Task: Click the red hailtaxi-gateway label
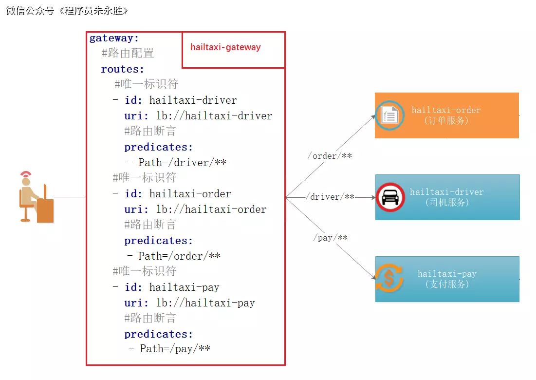pyautogui.click(x=225, y=47)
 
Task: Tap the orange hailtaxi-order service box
pyautogui.click(x=446, y=115)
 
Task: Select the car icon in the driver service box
pyautogui.click(x=390, y=197)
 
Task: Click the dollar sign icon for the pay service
pyautogui.click(x=388, y=278)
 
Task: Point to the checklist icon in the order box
pyautogui.click(x=389, y=115)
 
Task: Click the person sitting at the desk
pyautogui.click(x=34, y=197)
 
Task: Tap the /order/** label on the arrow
pyautogui.click(x=329, y=156)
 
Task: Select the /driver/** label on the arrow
pyautogui.click(x=330, y=197)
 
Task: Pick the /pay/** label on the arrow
pyautogui.click(x=330, y=238)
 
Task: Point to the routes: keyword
pyautogui.click(x=123, y=69)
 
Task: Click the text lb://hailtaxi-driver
pyautogui.click(x=214, y=116)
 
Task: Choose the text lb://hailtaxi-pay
pyautogui.click(x=205, y=303)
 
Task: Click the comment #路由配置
pyautogui.click(x=128, y=54)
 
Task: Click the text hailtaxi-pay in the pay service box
pyautogui.click(x=446, y=274)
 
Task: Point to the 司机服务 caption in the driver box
pyautogui.click(x=446, y=202)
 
